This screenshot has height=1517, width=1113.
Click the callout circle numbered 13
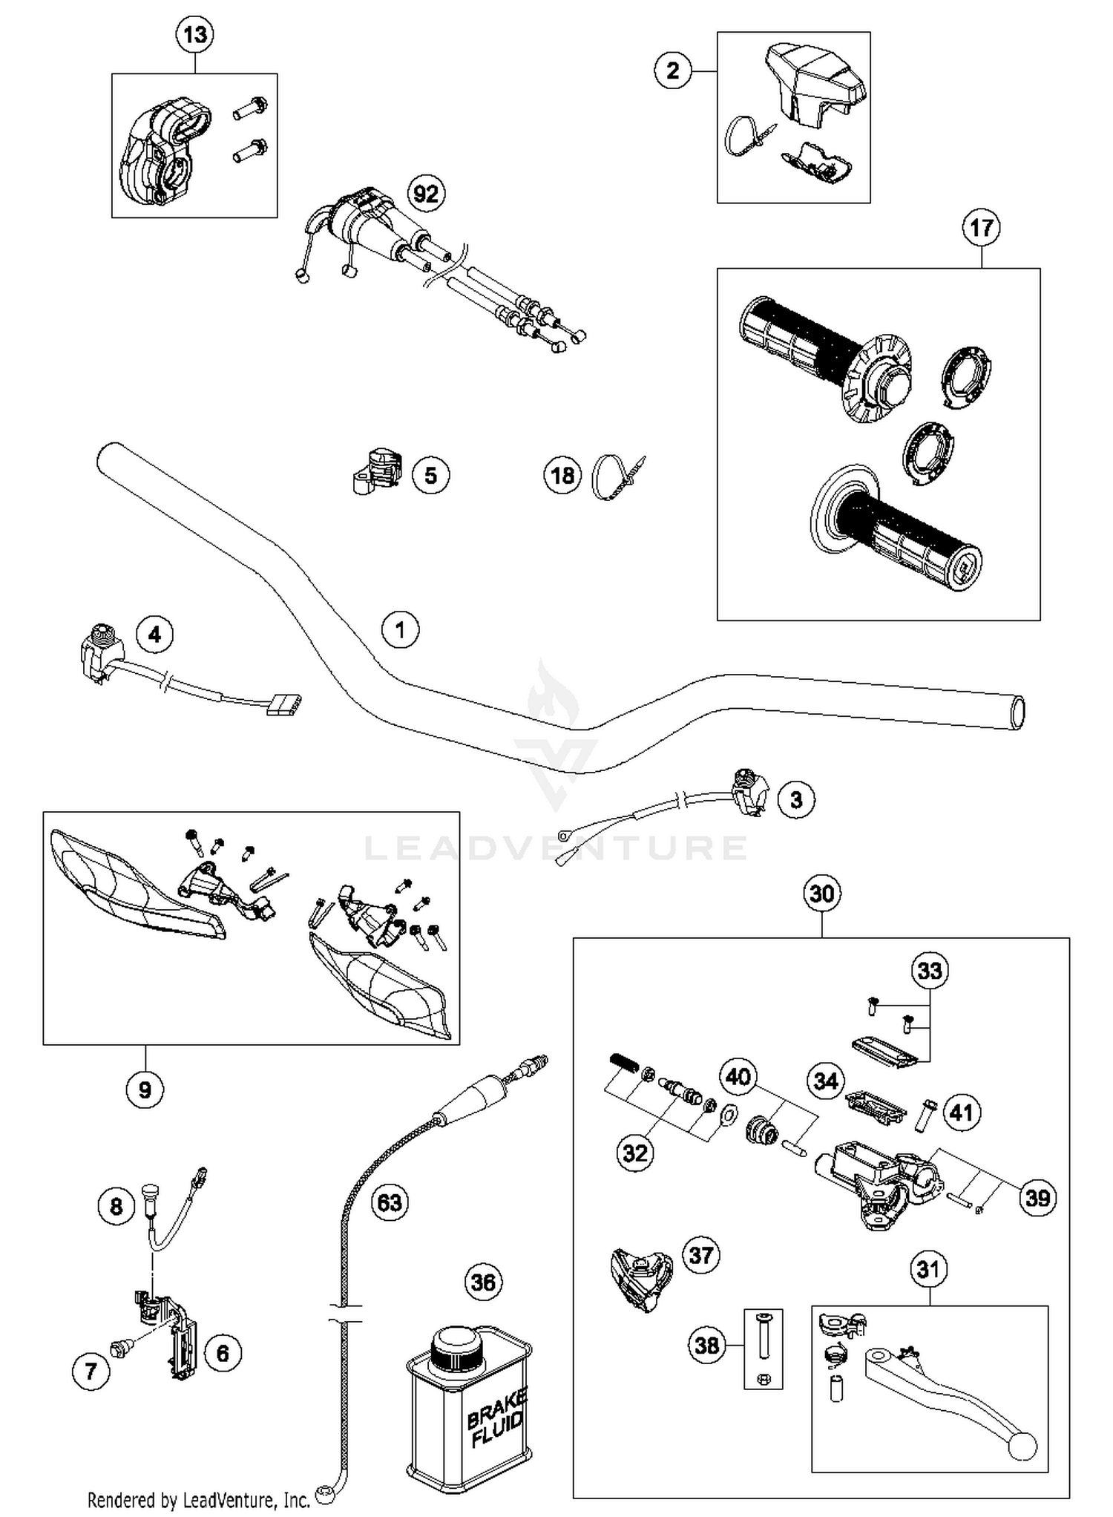coord(195,35)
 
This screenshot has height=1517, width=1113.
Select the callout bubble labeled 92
coord(426,194)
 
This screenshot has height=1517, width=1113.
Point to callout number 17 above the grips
coord(981,227)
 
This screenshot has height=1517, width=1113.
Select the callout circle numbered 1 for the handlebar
coord(400,629)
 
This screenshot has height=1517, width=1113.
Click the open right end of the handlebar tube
coord(1017,713)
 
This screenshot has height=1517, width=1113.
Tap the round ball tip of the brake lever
coord(1022,1446)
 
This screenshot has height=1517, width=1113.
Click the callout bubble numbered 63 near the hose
coord(390,1202)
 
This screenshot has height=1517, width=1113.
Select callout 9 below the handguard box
coord(145,1090)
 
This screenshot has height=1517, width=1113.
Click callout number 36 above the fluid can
coord(483,1282)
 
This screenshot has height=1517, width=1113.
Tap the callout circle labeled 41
coord(962,1113)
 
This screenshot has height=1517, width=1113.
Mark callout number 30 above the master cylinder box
coord(821,894)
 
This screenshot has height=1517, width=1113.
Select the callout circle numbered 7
coord(91,1371)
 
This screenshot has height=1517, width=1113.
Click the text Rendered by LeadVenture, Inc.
coord(199,1500)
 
